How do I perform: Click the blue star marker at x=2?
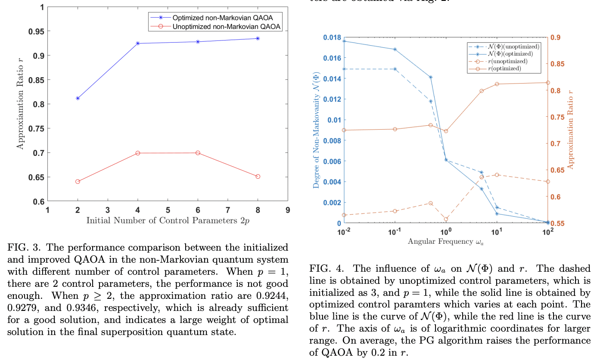(78, 98)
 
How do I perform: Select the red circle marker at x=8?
(258, 177)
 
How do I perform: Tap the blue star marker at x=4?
(138, 43)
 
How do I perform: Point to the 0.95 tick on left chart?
(36, 31)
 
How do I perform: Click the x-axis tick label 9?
(288, 210)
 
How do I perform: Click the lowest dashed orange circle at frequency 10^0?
(446, 219)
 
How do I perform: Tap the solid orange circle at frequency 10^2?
(548, 83)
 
